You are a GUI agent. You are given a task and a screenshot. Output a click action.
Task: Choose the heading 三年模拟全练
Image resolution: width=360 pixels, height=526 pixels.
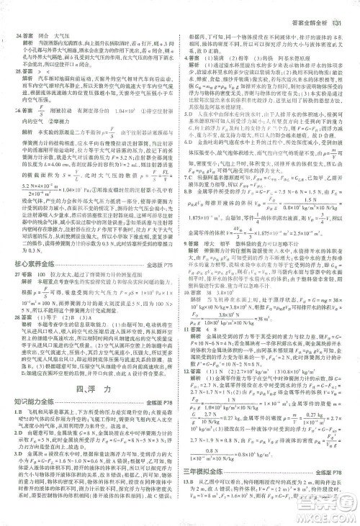pyautogui.click(x=214, y=490)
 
